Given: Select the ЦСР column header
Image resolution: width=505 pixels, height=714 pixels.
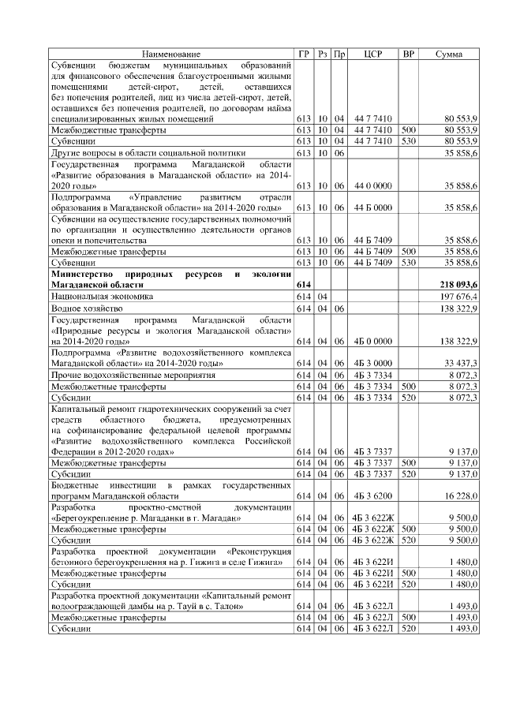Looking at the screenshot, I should click(x=375, y=53).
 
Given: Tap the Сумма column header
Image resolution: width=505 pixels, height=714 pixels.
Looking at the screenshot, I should click(x=449, y=53).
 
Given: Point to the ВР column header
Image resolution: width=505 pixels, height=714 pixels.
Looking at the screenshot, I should click(x=408, y=53).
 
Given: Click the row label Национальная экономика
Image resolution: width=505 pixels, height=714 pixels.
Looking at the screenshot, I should click(x=103, y=295).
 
